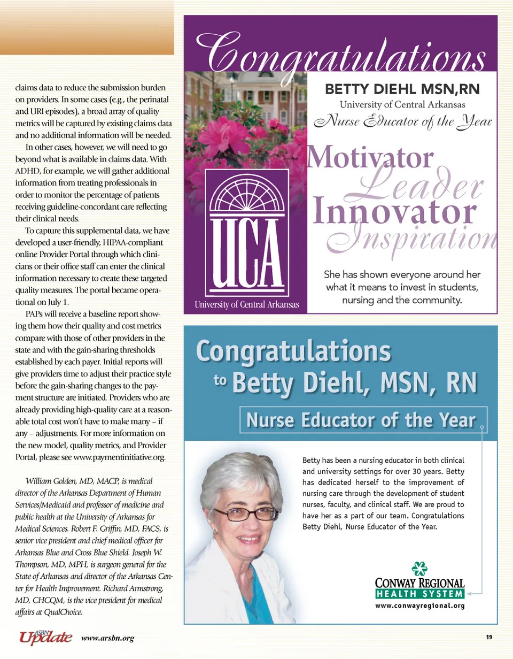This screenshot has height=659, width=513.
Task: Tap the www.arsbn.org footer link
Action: coord(108,638)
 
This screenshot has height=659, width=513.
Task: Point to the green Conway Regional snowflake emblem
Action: coord(419,569)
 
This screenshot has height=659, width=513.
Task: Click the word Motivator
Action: coord(373,158)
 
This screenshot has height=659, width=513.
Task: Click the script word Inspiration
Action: coord(417,238)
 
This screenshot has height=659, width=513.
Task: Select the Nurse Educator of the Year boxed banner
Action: coord(360,420)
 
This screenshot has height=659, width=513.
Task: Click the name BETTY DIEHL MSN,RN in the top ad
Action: coord(402,89)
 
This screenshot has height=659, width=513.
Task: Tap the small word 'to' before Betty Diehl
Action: coord(220,380)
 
